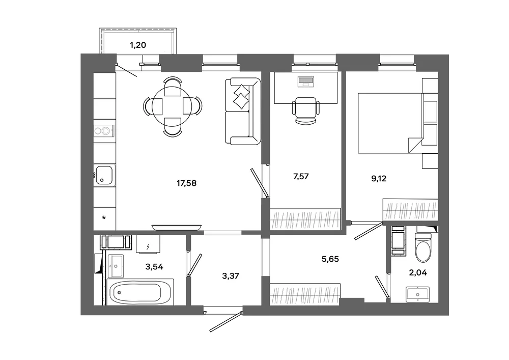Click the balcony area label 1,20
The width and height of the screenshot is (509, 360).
click(x=138, y=45)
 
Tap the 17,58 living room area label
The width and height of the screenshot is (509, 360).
click(x=186, y=183)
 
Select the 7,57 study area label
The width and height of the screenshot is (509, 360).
click(x=301, y=177)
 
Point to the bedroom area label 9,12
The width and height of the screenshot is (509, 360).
click(x=379, y=179)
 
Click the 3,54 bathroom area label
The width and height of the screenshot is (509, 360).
click(x=154, y=267)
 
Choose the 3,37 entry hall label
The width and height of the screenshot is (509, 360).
click(x=231, y=276)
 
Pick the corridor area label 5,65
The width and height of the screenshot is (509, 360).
click(x=330, y=259)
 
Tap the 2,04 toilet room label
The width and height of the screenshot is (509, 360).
click(x=418, y=273)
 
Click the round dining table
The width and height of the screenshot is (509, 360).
click(x=172, y=106)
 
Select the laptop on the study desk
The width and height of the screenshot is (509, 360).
click(x=305, y=81)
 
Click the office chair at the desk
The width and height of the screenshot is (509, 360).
click(x=305, y=110)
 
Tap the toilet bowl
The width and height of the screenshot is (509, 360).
click(x=423, y=247)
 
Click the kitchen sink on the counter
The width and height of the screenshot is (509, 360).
click(x=104, y=175)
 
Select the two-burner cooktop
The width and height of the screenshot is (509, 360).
click(x=104, y=131)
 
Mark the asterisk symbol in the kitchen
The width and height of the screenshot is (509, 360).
click(x=104, y=218)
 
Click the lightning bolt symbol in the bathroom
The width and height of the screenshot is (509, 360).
click(x=148, y=247)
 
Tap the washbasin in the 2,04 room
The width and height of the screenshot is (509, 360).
click(x=417, y=295)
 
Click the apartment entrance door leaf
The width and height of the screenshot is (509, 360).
click(x=227, y=322)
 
